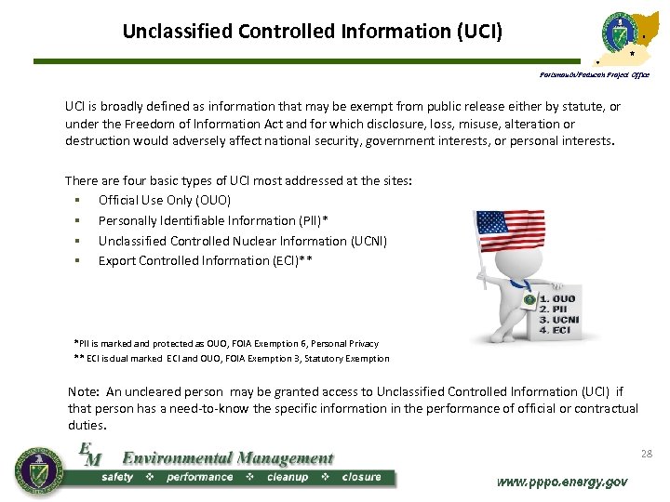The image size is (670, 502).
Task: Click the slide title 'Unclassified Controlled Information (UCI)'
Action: (312, 31)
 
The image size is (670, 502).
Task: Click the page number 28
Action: (647, 454)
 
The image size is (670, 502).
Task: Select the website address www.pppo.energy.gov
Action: (561, 482)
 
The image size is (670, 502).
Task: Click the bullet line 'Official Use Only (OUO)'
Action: (165, 200)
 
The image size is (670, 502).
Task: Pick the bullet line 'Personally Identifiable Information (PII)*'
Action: (213, 220)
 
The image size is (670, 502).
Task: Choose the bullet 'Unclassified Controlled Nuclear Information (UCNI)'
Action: (243, 241)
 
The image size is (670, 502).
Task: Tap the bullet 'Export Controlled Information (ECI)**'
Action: (205, 260)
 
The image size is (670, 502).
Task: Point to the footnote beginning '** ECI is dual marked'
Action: (232, 358)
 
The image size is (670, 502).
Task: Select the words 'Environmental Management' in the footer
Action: (228, 457)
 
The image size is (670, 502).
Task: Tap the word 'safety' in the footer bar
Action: (117, 477)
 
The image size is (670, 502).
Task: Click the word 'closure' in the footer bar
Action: (361, 477)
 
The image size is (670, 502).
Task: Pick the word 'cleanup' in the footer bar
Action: (287, 477)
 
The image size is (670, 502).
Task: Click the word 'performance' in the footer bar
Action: (199, 477)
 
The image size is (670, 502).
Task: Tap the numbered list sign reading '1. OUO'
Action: (556, 299)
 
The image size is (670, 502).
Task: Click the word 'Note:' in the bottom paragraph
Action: (86, 391)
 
